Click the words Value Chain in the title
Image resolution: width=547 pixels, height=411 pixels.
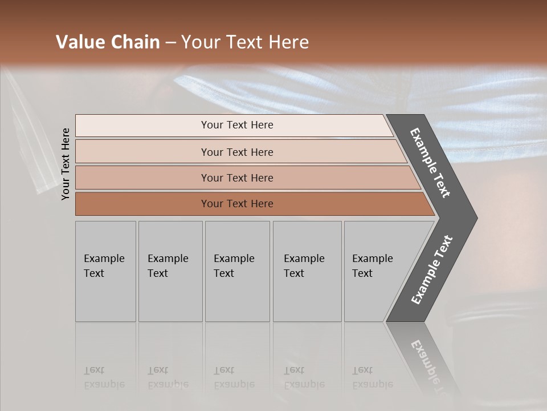tap(108, 42)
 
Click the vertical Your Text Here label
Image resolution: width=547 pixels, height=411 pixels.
tap(66, 164)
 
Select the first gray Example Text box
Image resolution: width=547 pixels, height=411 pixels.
tap(105, 271)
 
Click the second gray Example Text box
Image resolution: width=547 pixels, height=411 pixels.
tap(170, 271)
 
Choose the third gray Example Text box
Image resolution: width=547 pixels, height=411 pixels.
tap(236, 271)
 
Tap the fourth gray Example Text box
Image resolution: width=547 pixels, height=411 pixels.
tap(307, 271)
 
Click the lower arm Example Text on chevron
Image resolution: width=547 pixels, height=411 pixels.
tap(432, 270)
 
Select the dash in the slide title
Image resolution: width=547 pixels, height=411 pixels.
tap(170, 43)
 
